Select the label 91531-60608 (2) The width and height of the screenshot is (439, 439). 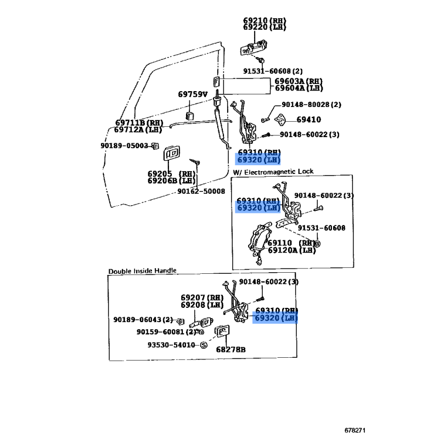(x=273, y=71)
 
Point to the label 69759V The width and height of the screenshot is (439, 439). (x=193, y=94)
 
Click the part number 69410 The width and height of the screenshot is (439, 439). (x=308, y=119)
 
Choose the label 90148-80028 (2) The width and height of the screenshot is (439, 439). (x=311, y=104)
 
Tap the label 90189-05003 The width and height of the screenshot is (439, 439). (x=124, y=145)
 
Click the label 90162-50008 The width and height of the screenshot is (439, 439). (x=201, y=191)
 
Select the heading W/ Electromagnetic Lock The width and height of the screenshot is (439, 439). (x=273, y=172)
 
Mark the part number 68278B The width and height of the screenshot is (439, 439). (x=230, y=350)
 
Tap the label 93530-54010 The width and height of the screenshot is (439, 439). (x=171, y=345)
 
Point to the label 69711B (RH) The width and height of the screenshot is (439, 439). (x=139, y=122)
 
